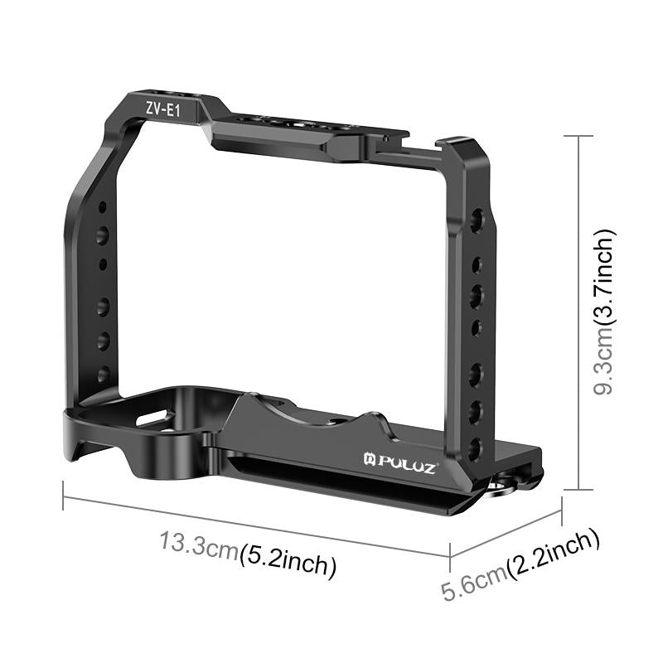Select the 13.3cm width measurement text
pyautogui.click(x=199, y=548)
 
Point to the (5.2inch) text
pyautogui.click(x=287, y=564)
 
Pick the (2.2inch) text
pyautogui.click(x=554, y=553)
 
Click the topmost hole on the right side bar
pyautogui.click(x=477, y=219)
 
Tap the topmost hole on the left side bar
pyautogui.click(x=102, y=207)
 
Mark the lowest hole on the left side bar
pyautogui.click(x=103, y=375)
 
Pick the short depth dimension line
pyautogui.click(x=506, y=533)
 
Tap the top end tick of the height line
pyautogui.click(x=578, y=135)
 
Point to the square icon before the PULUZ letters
pyautogui.click(x=370, y=457)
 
